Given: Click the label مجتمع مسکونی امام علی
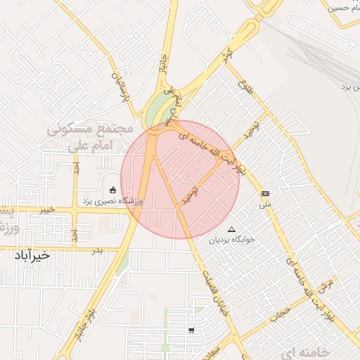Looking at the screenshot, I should coord(91,136).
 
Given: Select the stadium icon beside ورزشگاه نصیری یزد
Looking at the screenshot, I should coord(112,189).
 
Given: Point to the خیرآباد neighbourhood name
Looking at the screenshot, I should coord(32,255).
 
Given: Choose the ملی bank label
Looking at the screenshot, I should coord(265,205).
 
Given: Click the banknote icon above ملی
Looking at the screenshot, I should coord(266,193).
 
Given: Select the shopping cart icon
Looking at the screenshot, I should coord(192,330).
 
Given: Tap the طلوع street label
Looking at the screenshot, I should coord(245,89).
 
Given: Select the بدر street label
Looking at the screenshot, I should coord(98,250).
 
